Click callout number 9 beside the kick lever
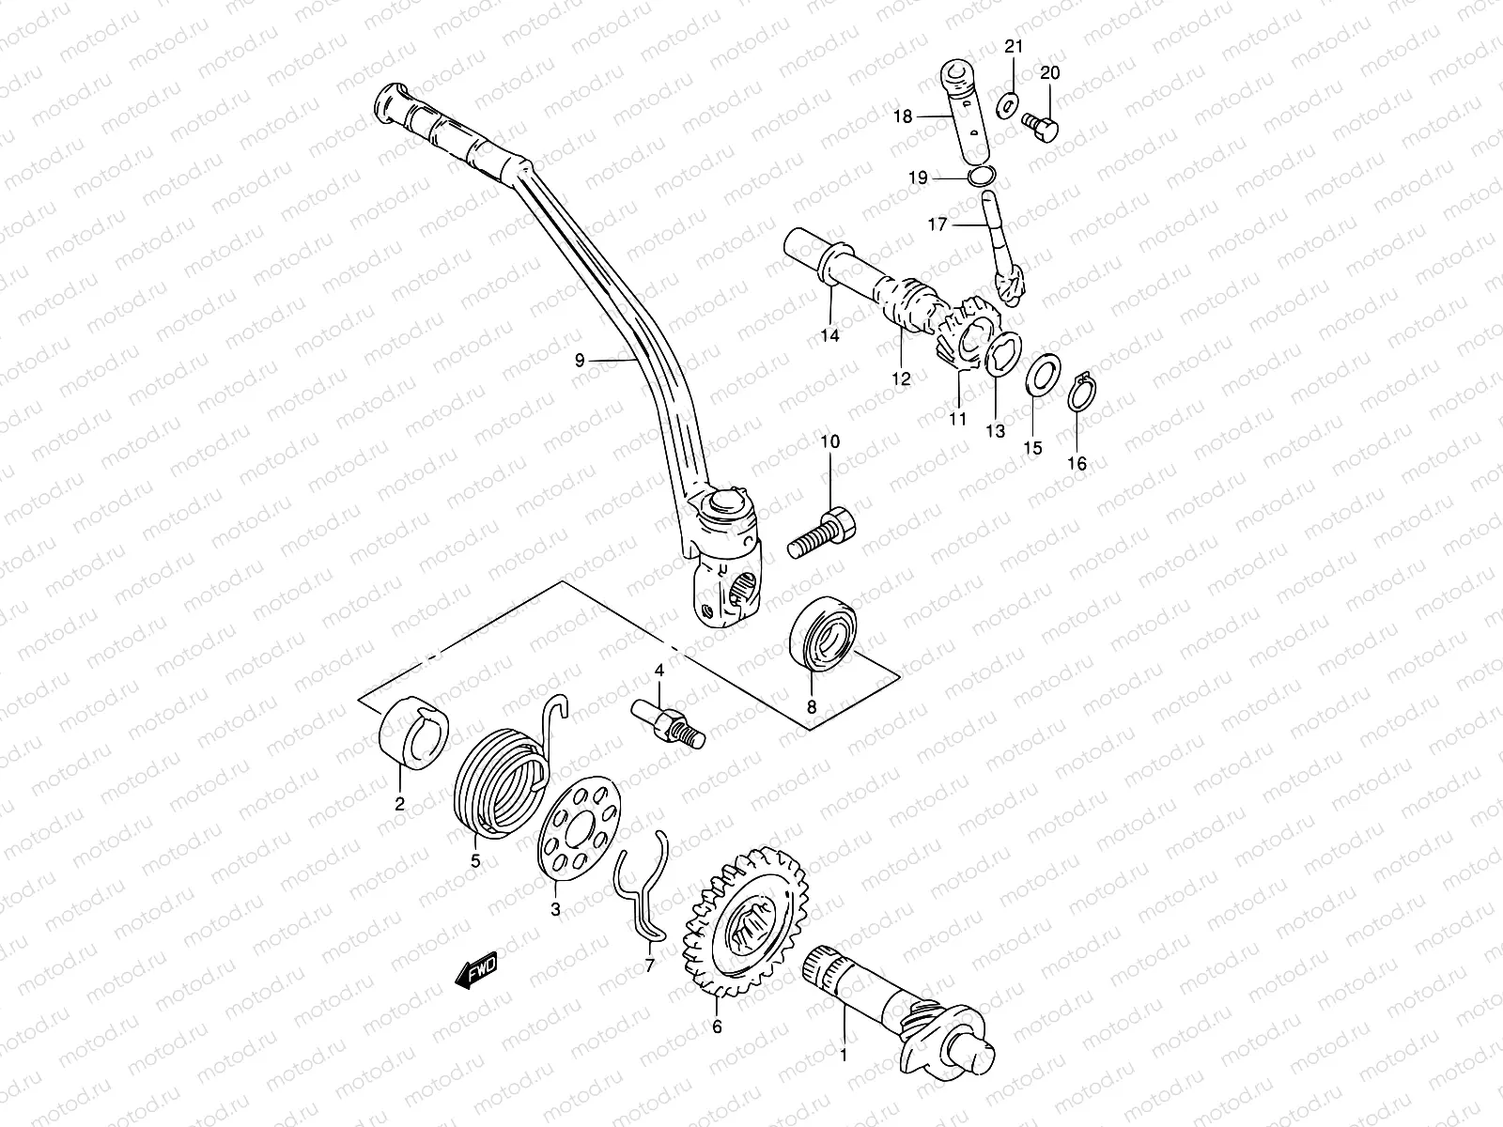click(580, 359)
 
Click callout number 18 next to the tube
click(903, 116)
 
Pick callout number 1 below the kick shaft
click(843, 1056)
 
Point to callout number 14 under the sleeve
click(831, 333)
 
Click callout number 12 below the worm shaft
click(901, 379)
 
